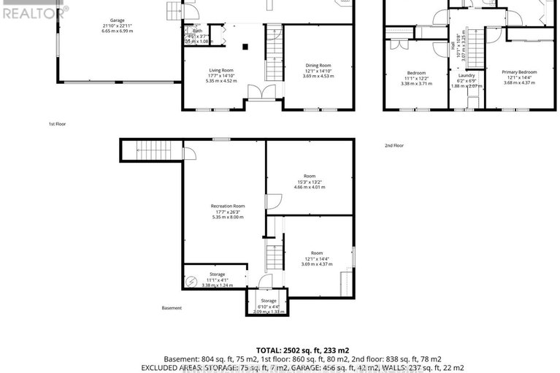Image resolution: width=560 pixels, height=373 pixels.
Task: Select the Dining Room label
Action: pyautogui.click(x=318, y=66)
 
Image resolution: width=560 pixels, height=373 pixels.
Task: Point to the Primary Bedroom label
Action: pyautogui.click(x=519, y=72)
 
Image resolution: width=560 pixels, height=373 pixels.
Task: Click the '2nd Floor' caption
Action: pyautogui.click(x=394, y=145)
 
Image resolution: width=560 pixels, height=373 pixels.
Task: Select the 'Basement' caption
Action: pyautogui.click(x=172, y=307)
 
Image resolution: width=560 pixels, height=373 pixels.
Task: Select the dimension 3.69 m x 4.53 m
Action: pyautogui.click(x=318, y=76)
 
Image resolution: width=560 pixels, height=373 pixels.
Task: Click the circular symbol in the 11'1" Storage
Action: pyautogui.click(x=191, y=280)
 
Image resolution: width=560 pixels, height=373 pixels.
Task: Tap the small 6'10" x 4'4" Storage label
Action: pyautogui.click(x=268, y=300)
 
